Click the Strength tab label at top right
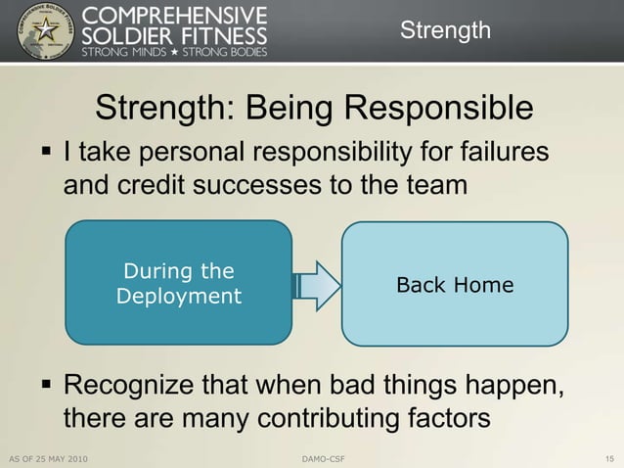tap(445, 30)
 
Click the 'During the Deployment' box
tap(178, 283)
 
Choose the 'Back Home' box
tap(454, 285)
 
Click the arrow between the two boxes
tap(316, 284)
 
